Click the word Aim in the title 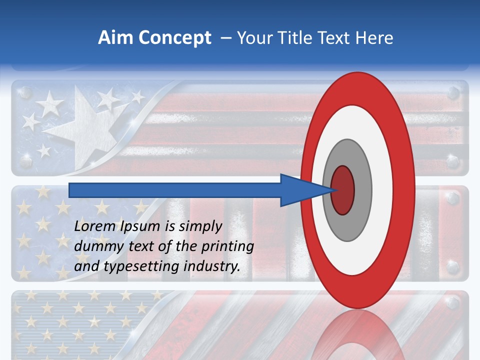[113, 38]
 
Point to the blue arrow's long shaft [175, 190]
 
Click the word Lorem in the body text [95, 226]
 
